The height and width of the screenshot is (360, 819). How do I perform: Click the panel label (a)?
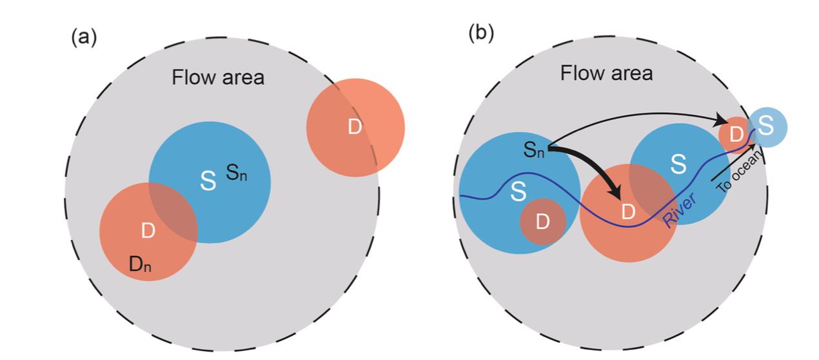point(83,37)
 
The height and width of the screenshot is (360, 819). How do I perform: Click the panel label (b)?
point(480,33)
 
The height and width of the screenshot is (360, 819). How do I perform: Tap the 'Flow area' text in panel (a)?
point(218,77)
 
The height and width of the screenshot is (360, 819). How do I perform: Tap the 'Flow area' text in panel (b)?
point(606,73)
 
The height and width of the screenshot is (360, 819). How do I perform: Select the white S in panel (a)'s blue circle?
point(208,181)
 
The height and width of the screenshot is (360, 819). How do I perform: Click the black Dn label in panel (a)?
point(140,264)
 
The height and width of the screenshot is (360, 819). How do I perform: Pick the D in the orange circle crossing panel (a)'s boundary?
point(354,127)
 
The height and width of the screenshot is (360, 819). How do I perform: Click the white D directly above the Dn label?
point(148,231)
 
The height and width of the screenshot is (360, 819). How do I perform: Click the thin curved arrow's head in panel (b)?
point(722,121)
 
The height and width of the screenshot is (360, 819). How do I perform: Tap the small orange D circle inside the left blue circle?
point(542,221)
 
